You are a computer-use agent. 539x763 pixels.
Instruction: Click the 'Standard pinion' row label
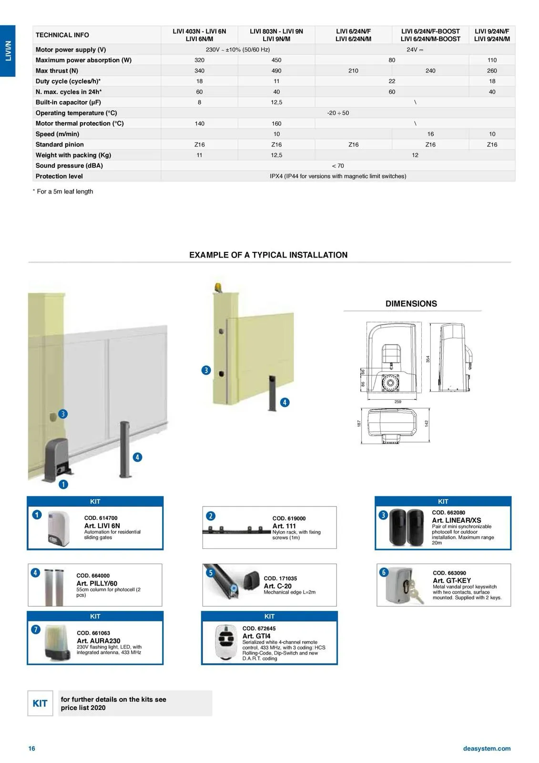point(60,144)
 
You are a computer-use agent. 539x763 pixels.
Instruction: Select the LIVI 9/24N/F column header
point(492,35)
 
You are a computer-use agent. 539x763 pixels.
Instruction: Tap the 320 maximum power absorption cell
point(199,60)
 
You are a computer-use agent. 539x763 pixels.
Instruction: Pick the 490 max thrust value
point(276,71)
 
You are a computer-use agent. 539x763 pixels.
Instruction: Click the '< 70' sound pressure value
point(338,165)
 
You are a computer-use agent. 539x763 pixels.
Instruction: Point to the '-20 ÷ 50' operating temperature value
point(338,113)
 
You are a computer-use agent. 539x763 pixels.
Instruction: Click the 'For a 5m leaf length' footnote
point(64,191)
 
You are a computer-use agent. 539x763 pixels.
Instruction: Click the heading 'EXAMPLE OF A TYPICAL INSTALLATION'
point(268,255)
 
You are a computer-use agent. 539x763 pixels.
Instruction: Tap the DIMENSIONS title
point(411,304)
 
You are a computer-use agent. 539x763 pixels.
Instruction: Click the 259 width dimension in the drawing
point(398,402)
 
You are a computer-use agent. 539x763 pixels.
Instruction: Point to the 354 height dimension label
point(428,359)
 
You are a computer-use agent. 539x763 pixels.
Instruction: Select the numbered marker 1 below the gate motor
point(63,485)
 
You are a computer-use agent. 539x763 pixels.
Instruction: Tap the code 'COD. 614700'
point(101,518)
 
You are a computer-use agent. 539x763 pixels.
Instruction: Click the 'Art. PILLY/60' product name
point(97,583)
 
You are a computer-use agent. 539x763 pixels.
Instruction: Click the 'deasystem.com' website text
point(487,748)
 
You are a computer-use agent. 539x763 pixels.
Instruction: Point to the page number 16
point(31,748)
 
